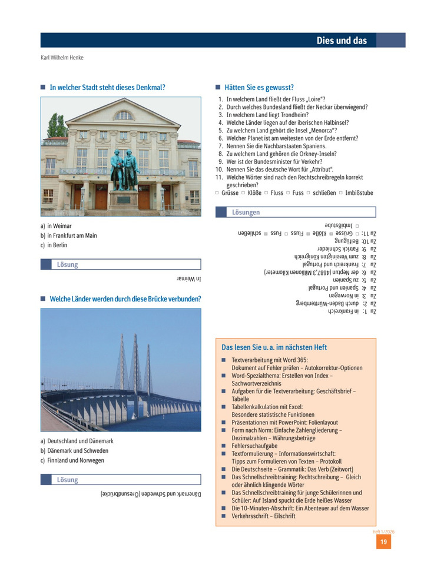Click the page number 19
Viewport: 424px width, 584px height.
point(383,542)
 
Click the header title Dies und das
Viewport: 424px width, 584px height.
point(341,41)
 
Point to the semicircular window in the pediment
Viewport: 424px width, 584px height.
point(124,115)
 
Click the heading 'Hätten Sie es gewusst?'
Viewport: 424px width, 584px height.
point(259,87)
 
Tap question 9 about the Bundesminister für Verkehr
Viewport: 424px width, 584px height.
point(274,161)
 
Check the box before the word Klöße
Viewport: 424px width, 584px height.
point(243,193)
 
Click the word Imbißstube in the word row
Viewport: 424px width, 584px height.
point(359,193)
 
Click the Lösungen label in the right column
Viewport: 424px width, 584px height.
point(246,213)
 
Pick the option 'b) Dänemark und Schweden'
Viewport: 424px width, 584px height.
point(74,451)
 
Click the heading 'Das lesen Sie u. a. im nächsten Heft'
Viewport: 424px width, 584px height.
point(274,347)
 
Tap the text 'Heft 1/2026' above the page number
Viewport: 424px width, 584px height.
point(383,531)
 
